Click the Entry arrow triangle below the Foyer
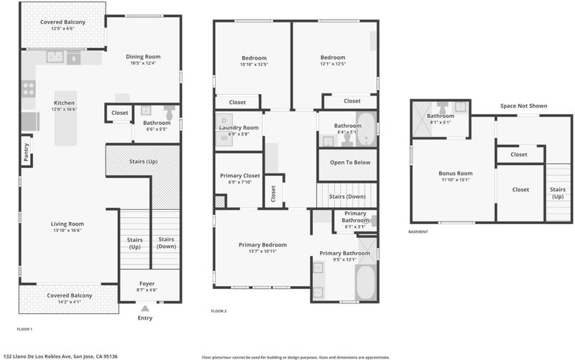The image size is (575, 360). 145,308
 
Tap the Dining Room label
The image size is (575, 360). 143,57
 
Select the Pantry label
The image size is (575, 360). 26,152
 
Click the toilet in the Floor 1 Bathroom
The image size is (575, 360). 169,112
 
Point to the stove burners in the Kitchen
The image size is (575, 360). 29,88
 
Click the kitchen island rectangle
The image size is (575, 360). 65,119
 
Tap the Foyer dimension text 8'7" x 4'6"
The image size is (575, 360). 147,290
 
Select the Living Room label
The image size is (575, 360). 67,223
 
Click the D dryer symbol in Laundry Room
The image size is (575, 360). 224,120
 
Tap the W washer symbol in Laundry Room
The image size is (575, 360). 224,138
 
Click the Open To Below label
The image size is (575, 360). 350,162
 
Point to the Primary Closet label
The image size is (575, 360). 240,175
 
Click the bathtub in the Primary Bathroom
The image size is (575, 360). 366,282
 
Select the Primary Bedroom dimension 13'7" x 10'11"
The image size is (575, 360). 262,251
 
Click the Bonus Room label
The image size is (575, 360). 456,173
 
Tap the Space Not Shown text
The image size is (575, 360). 524,106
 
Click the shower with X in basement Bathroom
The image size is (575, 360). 422,119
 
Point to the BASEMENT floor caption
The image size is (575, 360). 418,231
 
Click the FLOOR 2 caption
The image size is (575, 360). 218,311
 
